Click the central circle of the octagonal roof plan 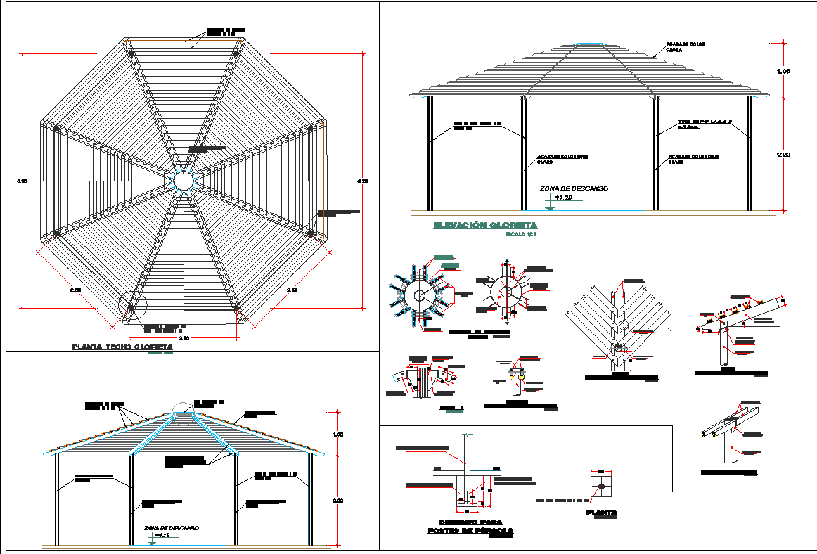pyautogui.click(x=183, y=181)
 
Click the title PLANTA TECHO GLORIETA pyautogui.click(x=122, y=347)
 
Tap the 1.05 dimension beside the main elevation pyautogui.click(x=783, y=72)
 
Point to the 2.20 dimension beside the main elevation pyautogui.click(x=783, y=155)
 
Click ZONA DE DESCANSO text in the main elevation pyautogui.click(x=573, y=188)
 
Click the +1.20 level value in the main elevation pyautogui.click(x=564, y=199)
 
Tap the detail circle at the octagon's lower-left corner pyautogui.click(x=132, y=307)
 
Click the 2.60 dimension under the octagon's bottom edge pyautogui.click(x=182, y=338)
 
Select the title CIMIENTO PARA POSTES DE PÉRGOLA pyautogui.click(x=470, y=527)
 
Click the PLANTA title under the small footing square pyautogui.click(x=602, y=513)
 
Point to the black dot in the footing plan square pyautogui.click(x=602, y=486)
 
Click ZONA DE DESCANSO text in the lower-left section pyautogui.click(x=172, y=527)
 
